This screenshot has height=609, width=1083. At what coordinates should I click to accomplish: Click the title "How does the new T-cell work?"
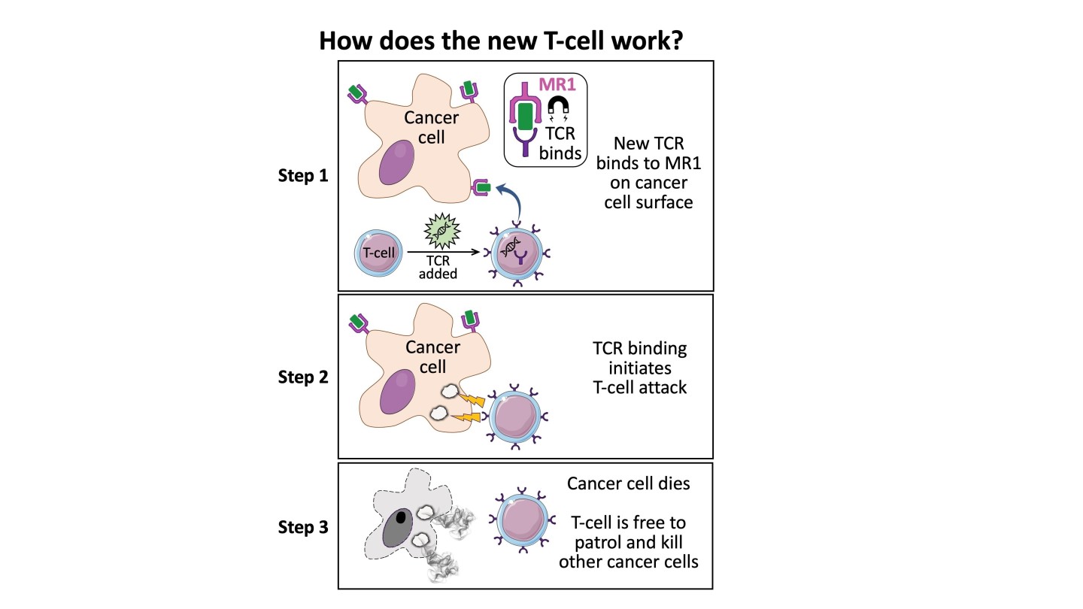tap(500, 40)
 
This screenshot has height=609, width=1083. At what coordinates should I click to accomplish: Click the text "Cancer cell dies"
tap(628, 483)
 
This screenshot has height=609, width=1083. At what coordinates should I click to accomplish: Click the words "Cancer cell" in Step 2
tap(432, 357)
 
